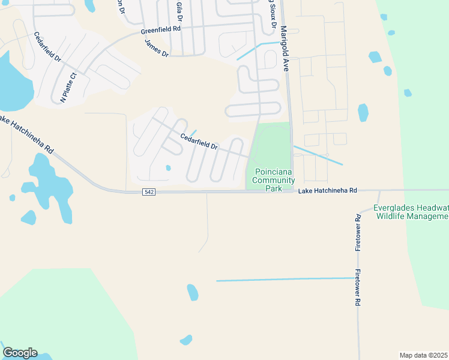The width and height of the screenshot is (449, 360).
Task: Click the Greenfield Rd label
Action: [x=161, y=29]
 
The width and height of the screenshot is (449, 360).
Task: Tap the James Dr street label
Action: [x=157, y=47]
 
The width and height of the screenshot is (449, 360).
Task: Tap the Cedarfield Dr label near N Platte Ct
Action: [x=48, y=47]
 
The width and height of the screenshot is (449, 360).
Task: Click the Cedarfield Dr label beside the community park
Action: [x=199, y=142]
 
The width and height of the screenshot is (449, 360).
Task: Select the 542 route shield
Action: [x=149, y=192]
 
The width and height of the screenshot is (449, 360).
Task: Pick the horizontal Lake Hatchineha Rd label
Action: [x=328, y=190]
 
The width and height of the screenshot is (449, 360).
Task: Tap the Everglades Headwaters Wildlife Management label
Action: [x=411, y=212]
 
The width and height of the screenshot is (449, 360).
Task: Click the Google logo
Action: [x=20, y=353]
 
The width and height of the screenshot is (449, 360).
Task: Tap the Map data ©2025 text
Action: [x=423, y=355]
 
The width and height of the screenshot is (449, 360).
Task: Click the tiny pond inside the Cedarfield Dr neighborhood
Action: [x=169, y=168]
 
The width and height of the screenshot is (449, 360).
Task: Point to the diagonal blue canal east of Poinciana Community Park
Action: [x=318, y=155]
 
